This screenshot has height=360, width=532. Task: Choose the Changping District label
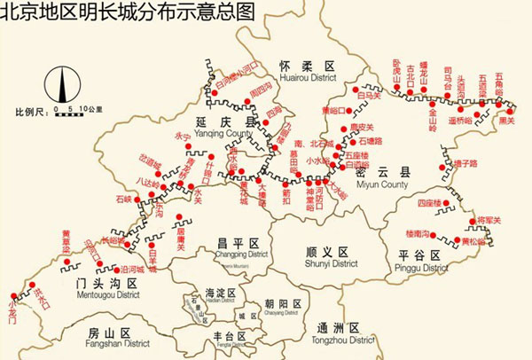(x=237, y=248)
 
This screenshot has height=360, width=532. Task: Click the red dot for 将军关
(x=471, y=219)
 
